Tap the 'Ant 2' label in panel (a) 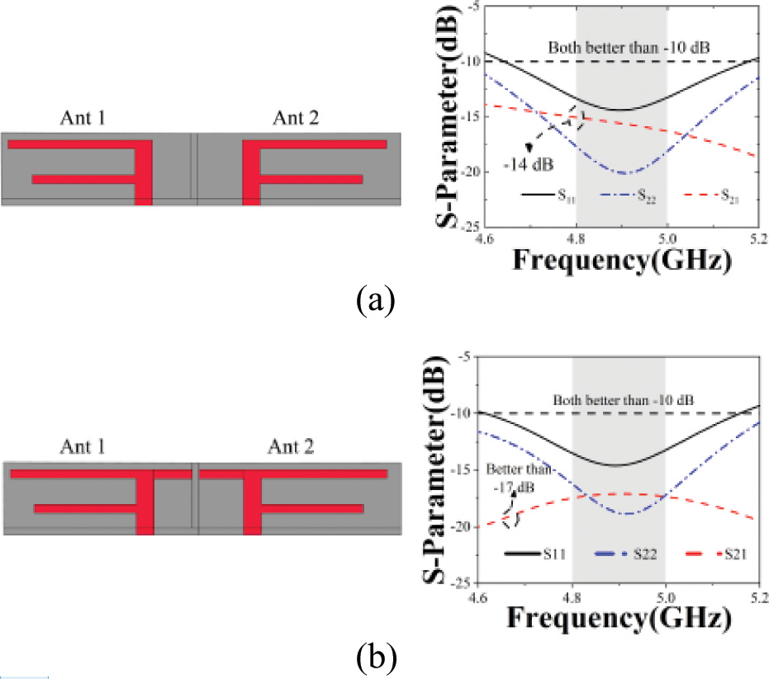[296, 120]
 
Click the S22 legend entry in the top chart [619, 196]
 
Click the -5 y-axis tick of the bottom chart [463, 358]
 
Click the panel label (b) [375, 658]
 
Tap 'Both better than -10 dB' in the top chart [618, 46]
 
